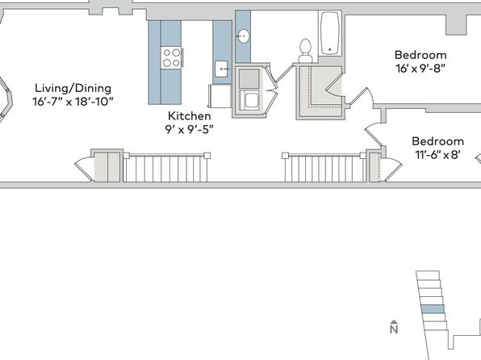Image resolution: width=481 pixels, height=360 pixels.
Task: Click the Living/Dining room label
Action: coord(73,88)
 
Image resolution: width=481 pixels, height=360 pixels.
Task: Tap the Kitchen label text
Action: coord(190,116)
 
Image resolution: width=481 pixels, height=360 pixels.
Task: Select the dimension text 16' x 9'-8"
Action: coord(420,69)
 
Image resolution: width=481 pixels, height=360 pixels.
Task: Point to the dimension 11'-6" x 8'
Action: coord(437,155)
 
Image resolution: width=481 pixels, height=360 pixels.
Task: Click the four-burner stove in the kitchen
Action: coord(171,57)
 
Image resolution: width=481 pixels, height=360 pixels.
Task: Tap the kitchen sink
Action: coord(221,69)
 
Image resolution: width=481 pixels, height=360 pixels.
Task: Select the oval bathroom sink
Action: coord(243,36)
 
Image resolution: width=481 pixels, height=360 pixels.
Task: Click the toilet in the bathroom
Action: coord(305,51)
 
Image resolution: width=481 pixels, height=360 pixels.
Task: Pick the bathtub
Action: coord(330,33)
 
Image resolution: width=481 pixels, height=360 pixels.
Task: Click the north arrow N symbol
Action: coord(394,327)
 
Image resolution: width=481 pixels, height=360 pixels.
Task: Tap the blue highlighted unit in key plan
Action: coord(433,309)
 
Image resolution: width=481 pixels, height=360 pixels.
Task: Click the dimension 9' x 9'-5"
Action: coord(189,129)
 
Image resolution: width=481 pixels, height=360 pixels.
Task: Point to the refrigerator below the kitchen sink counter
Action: coord(220,96)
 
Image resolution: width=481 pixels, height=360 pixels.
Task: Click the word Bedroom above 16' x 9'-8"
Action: coord(420,55)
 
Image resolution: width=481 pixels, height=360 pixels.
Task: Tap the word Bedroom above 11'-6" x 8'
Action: coord(437,141)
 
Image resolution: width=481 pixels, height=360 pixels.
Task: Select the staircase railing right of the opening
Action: coord(324,168)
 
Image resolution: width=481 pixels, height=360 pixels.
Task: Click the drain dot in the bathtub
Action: coord(330,49)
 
